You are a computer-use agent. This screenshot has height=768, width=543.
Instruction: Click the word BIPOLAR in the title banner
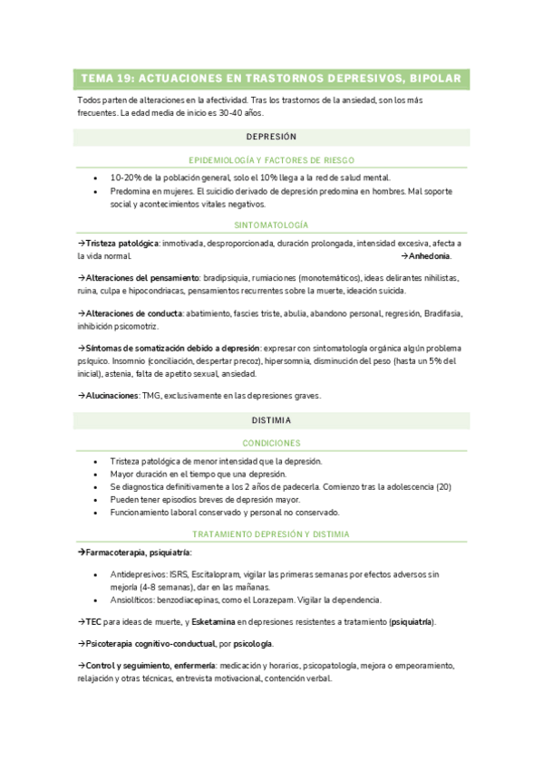[435, 79]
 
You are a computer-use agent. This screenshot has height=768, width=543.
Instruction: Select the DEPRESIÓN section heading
[271, 137]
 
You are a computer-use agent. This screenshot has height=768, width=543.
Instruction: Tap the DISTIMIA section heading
[271, 420]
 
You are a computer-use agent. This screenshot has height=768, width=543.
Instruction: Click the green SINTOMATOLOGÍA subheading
[271, 224]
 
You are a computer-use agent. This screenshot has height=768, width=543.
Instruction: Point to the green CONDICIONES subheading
[271, 443]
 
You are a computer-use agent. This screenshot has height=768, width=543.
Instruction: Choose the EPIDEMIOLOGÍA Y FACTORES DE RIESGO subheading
[271, 159]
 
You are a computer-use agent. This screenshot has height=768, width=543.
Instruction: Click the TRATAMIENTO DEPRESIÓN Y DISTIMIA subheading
[271, 534]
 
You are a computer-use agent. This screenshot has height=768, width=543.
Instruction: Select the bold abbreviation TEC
[91, 621]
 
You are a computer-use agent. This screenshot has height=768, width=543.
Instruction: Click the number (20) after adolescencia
[443, 486]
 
